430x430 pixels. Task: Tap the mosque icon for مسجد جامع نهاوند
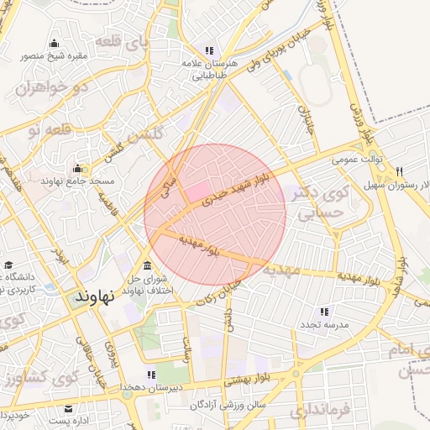(x=78, y=169)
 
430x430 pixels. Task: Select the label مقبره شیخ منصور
(x=54, y=57)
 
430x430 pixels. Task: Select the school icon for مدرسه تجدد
(x=324, y=312)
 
